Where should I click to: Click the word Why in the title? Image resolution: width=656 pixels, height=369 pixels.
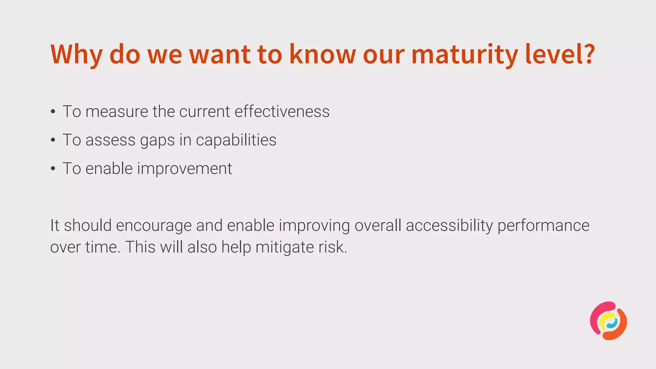pos(76,54)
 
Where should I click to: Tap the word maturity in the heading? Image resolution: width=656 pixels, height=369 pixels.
pos(464,54)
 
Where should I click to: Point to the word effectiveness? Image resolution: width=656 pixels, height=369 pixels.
pos(282,111)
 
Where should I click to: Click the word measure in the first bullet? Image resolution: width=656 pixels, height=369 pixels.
pos(117,112)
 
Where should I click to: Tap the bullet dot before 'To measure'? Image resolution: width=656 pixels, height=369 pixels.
pos(53,112)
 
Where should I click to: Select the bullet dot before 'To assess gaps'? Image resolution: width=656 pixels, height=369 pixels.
pos(53,140)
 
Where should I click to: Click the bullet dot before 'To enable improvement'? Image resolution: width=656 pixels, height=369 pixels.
pos(53,169)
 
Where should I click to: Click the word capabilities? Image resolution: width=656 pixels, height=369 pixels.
pos(236,140)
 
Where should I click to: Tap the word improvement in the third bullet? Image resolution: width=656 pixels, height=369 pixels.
pos(184,169)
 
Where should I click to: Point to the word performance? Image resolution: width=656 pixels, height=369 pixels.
pos(543,226)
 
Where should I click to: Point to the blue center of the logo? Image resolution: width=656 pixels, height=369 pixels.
pos(612,324)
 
